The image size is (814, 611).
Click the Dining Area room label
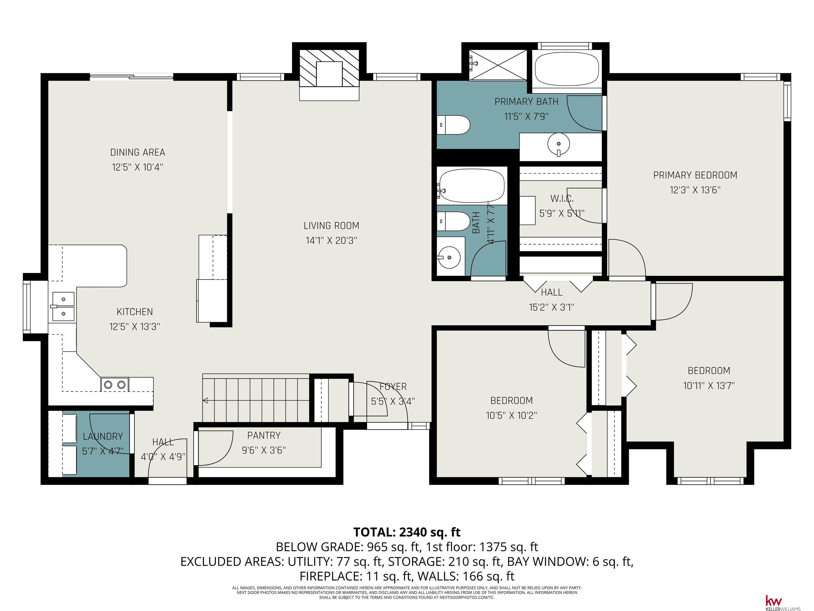pyautogui.click(x=138, y=152)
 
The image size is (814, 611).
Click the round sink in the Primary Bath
pyautogui.click(x=559, y=144)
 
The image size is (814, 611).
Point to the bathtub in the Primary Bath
pyautogui.click(x=567, y=68)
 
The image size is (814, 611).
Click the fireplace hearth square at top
pyautogui.click(x=329, y=74)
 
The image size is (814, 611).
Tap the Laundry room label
pyautogui.click(x=103, y=437)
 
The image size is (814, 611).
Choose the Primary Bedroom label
pyautogui.click(x=695, y=175)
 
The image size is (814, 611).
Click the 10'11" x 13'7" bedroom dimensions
pyautogui.click(x=709, y=386)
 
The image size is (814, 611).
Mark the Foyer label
pyautogui.click(x=393, y=387)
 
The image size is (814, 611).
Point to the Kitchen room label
pyautogui.click(x=135, y=312)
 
